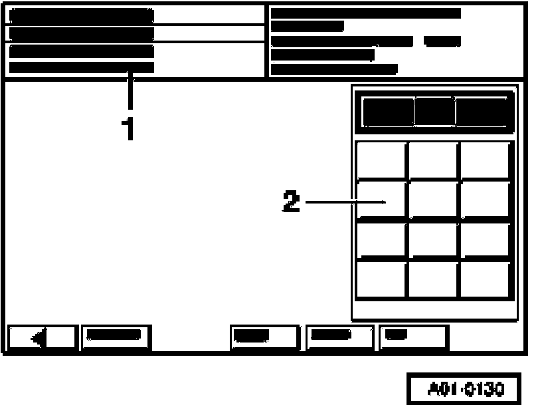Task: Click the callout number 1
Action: (130, 128)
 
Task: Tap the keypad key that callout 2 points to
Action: (381, 200)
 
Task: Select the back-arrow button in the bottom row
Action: (43, 338)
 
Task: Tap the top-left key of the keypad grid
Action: (381, 160)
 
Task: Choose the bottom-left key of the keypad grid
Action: (381, 280)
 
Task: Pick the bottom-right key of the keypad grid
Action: (485, 280)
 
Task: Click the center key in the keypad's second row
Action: (433, 200)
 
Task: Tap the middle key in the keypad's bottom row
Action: (433, 280)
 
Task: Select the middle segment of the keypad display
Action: (435, 111)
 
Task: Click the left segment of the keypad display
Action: (388, 111)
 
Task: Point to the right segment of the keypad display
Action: (482, 111)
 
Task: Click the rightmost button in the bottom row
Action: (414, 338)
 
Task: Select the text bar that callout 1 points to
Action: (81, 67)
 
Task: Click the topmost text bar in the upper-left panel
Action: (81, 15)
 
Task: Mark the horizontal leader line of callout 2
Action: (345, 201)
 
